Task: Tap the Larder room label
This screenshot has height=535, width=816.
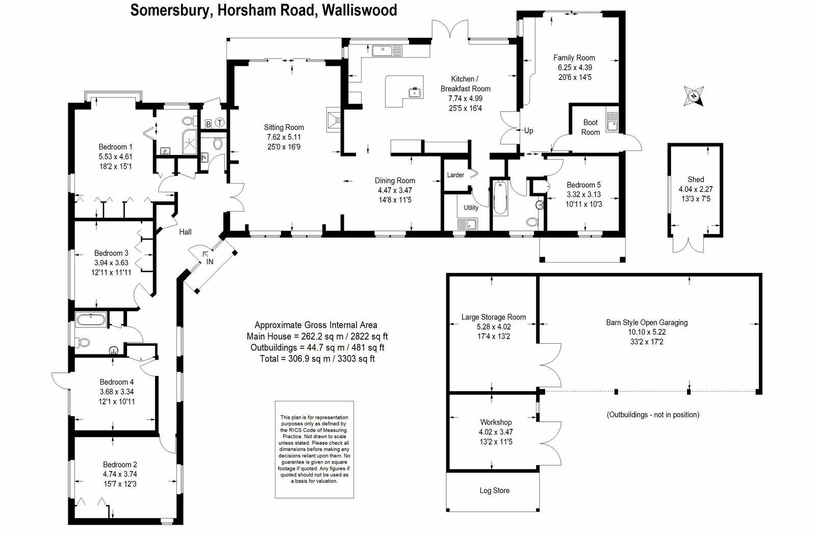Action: (455, 175)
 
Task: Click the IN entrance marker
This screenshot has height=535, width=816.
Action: (210, 262)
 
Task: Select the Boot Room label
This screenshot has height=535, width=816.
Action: (590, 127)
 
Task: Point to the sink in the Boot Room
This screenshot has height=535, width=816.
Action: (611, 122)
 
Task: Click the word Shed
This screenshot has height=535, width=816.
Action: (695, 180)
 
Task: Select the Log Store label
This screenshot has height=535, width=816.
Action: (494, 491)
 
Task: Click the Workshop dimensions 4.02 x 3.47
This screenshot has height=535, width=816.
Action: (496, 432)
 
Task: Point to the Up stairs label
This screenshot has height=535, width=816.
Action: (529, 131)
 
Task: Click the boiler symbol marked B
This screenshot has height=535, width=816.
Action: (208, 124)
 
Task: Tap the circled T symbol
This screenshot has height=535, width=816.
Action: (219, 123)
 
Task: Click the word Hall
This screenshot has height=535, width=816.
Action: (185, 232)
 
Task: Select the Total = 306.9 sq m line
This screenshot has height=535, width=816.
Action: (316, 359)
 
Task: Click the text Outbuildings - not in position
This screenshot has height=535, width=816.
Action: (653, 415)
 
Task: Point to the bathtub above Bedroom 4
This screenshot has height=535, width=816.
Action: (90, 321)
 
